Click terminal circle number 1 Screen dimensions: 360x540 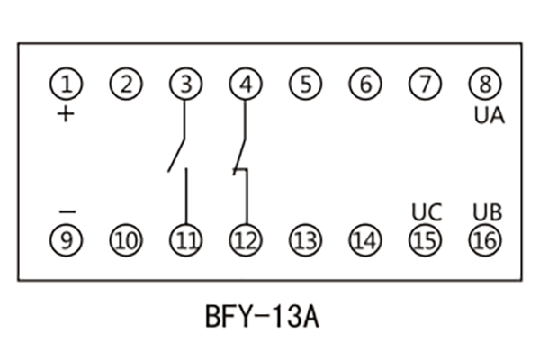[x=66, y=85]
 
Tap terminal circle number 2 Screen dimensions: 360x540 [x=126, y=85]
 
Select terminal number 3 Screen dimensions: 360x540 [x=185, y=85]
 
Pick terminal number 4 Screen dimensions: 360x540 [x=245, y=85]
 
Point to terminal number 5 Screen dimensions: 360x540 [x=305, y=85]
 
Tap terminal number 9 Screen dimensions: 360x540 [x=66, y=240]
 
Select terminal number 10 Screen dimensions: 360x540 [x=126, y=240]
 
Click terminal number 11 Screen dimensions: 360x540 [x=185, y=240]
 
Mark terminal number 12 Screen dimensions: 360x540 [x=245, y=240]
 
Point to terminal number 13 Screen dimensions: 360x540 [x=305, y=240]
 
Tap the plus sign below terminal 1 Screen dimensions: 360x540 [x=66, y=114]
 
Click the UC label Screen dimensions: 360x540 [x=427, y=213]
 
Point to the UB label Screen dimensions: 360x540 [x=488, y=213]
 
